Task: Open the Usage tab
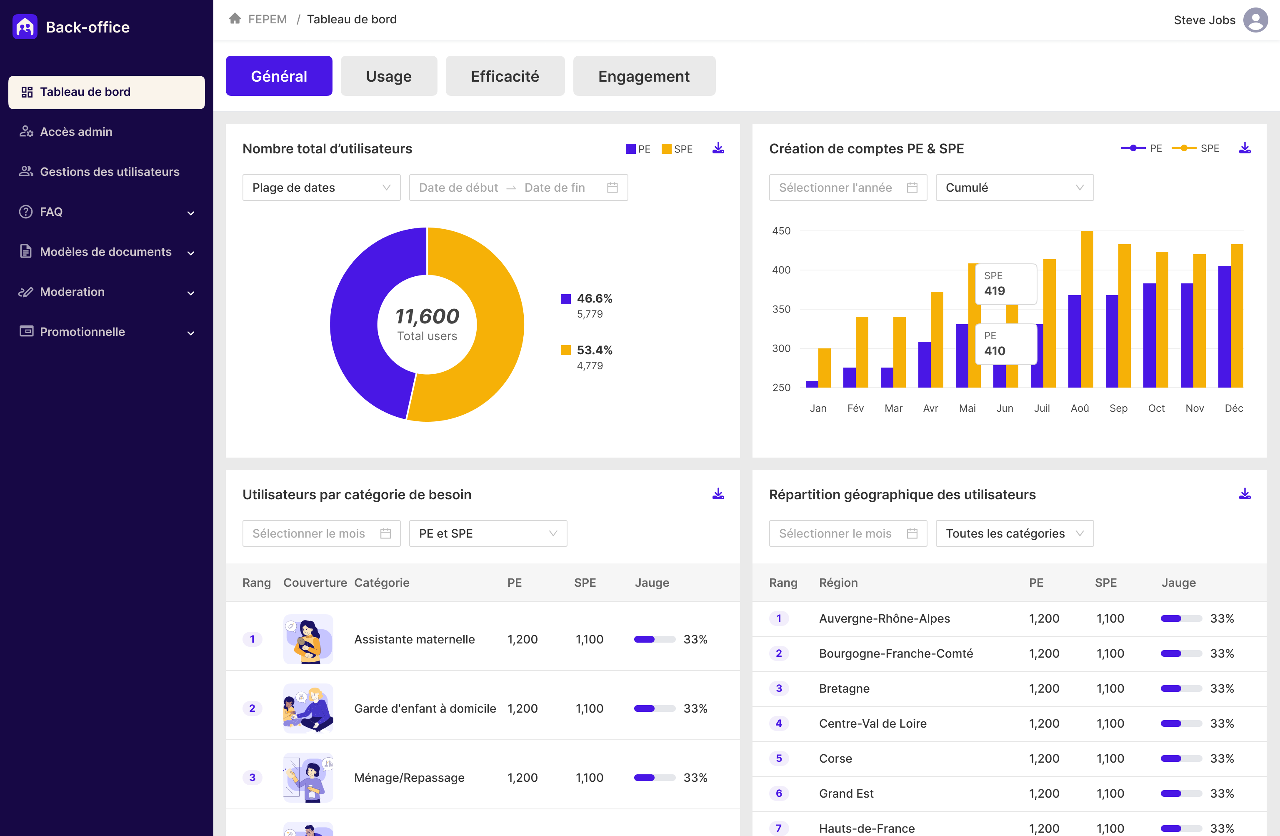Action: click(x=388, y=76)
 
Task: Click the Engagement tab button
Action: click(x=643, y=76)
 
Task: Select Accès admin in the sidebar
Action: click(x=76, y=132)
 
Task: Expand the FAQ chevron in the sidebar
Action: click(x=190, y=213)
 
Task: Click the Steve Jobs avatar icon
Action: click(x=1255, y=20)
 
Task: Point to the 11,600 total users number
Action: click(x=427, y=316)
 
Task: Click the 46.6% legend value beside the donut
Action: click(x=594, y=298)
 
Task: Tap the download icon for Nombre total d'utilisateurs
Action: click(x=718, y=148)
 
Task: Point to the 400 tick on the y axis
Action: click(x=781, y=270)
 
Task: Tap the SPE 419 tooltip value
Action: click(x=995, y=290)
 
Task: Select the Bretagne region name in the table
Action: click(x=844, y=688)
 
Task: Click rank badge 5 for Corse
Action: click(x=778, y=758)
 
